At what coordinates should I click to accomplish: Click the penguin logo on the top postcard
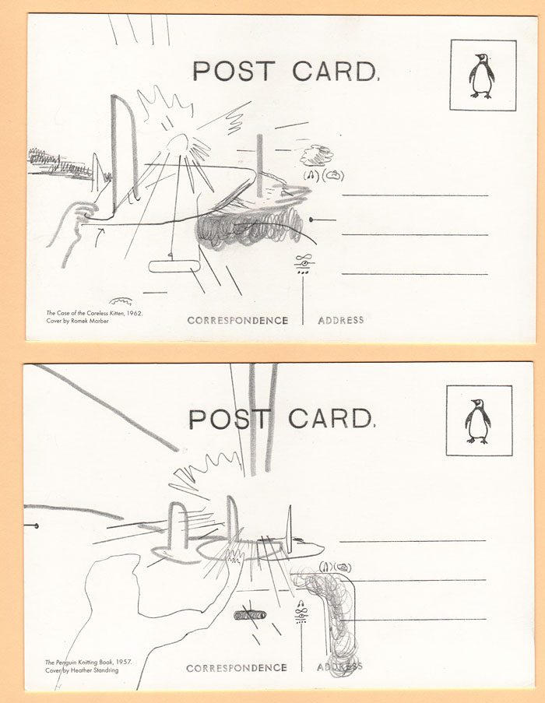click(x=482, y=76)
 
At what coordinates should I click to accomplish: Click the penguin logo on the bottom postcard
click(x=478, y=421)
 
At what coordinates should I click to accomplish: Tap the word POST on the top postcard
click(x=233, y=71)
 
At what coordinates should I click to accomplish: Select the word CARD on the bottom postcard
click(x=331, y=418)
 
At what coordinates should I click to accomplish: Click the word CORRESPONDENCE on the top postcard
click(x=237, y=320)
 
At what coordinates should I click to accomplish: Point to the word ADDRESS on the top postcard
click(x=341, y=320)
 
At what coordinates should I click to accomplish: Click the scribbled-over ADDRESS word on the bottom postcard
click(x=339, y=666)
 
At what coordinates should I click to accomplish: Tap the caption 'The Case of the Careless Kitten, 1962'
click(x=94, y=314)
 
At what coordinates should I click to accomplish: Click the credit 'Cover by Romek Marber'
click(x=78, y=321)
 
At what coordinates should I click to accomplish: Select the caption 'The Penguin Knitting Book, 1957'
click(x=89, y=663)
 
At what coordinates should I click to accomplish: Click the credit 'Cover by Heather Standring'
click(x=82, y=670)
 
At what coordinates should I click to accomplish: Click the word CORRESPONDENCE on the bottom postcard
click(x=237, y=668)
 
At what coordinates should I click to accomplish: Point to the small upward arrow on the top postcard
click(x=100, y=237)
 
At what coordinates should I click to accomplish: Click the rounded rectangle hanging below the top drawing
click(x=174, y=266)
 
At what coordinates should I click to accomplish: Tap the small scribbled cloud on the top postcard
click(x=316, y=155)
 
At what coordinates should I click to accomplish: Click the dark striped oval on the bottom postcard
click(x=250, y=615)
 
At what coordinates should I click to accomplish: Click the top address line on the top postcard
click(x=415, y=195)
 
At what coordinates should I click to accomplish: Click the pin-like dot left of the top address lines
click(x=311, y=220)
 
